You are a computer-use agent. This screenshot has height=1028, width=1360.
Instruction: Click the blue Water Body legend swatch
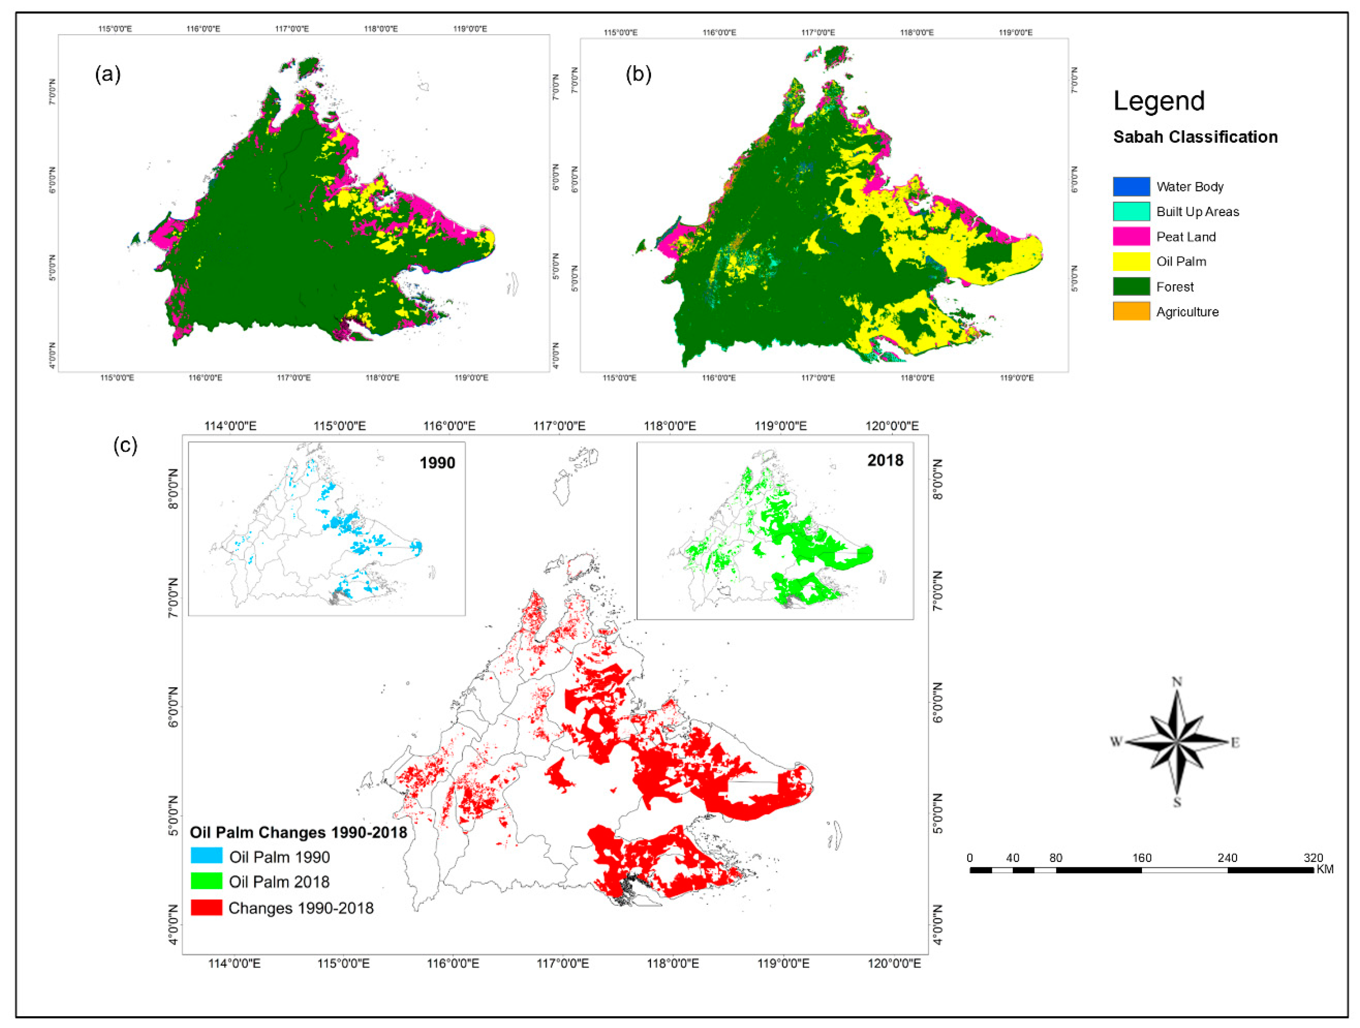[x=1131, y=186]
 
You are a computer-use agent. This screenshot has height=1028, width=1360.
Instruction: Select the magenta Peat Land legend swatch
[x=1131, y=237]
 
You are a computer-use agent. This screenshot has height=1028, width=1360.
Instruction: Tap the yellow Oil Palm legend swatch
[x=1131, y=261]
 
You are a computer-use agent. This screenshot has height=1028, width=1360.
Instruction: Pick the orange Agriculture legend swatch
[x=1131, y=311]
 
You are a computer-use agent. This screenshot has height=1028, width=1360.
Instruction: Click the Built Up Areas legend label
[x=1197, y=212]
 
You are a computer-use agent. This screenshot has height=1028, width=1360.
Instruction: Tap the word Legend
[x=1158, y=101]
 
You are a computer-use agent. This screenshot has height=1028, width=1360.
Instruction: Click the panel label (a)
[x=108, y=74]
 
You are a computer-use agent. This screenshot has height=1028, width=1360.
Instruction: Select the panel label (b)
[x=638, y=74]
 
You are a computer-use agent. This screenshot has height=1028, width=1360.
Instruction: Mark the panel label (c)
[x=125, y=445]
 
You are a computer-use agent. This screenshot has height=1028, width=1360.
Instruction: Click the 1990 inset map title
[x=437, y=462]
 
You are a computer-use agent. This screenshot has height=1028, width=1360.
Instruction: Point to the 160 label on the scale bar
[x=1141, y=858]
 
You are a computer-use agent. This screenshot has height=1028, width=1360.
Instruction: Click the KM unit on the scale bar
[x=1325, y=870]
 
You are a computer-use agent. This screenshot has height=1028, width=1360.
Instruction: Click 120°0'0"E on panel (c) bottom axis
[x=894, y=963]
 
